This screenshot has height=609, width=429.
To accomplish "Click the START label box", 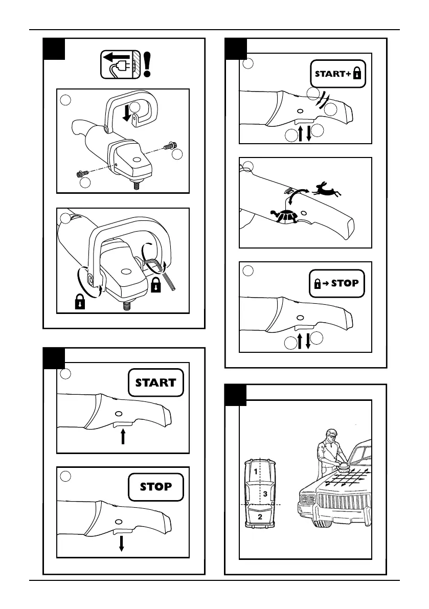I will coord(155,382).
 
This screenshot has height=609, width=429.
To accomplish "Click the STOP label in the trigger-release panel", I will coord(155,486).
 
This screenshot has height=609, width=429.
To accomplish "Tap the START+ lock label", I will coord(338,74).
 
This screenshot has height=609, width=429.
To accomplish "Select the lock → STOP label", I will coord(337,283).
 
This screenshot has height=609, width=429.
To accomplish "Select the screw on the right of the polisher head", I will coord(168,147).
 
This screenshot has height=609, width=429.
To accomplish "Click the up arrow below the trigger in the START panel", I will coord(123,437).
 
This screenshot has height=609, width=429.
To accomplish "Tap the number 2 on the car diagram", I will coord(260,517).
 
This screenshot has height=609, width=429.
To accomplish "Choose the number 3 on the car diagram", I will coord(265,494).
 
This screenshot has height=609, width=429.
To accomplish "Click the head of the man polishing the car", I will coord(330,434).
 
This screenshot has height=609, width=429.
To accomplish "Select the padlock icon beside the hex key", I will coord(156,284).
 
